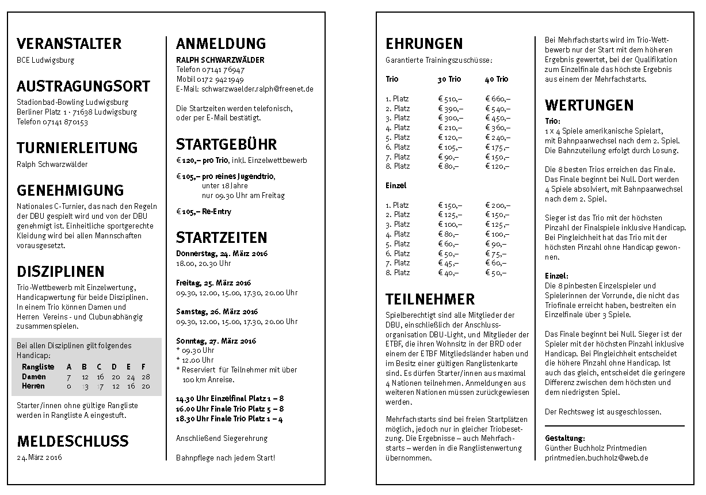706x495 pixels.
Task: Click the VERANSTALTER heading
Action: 69,44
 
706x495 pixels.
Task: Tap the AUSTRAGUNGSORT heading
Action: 83,87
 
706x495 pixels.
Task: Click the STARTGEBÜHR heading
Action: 226,144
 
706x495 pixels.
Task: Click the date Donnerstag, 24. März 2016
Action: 222,253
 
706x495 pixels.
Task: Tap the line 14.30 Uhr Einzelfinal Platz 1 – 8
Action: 230,398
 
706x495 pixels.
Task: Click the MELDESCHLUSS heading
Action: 72,441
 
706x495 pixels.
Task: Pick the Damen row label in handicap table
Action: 34,376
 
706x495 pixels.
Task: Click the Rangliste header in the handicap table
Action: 38,367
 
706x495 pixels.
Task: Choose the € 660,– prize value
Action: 498,98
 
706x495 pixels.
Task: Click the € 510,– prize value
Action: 450,98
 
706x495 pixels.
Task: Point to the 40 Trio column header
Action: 497,79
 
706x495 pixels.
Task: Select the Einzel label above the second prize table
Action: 396,185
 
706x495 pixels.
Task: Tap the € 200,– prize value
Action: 498,205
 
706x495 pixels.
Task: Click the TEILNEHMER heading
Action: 430,299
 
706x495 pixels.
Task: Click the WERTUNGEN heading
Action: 589,105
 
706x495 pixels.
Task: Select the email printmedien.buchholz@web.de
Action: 597,458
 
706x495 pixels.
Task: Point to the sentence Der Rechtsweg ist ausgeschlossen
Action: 603,412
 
